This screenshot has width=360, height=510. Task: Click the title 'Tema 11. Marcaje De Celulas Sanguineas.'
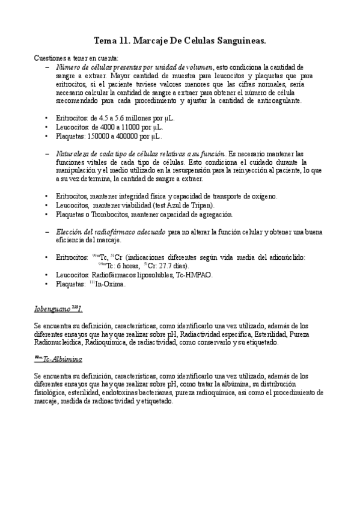click(180, 40)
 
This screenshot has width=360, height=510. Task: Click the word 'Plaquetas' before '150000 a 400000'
click(70, 137)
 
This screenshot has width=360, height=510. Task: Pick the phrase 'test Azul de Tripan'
click(183, 205)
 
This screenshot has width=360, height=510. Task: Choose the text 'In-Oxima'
click(111, 284)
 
